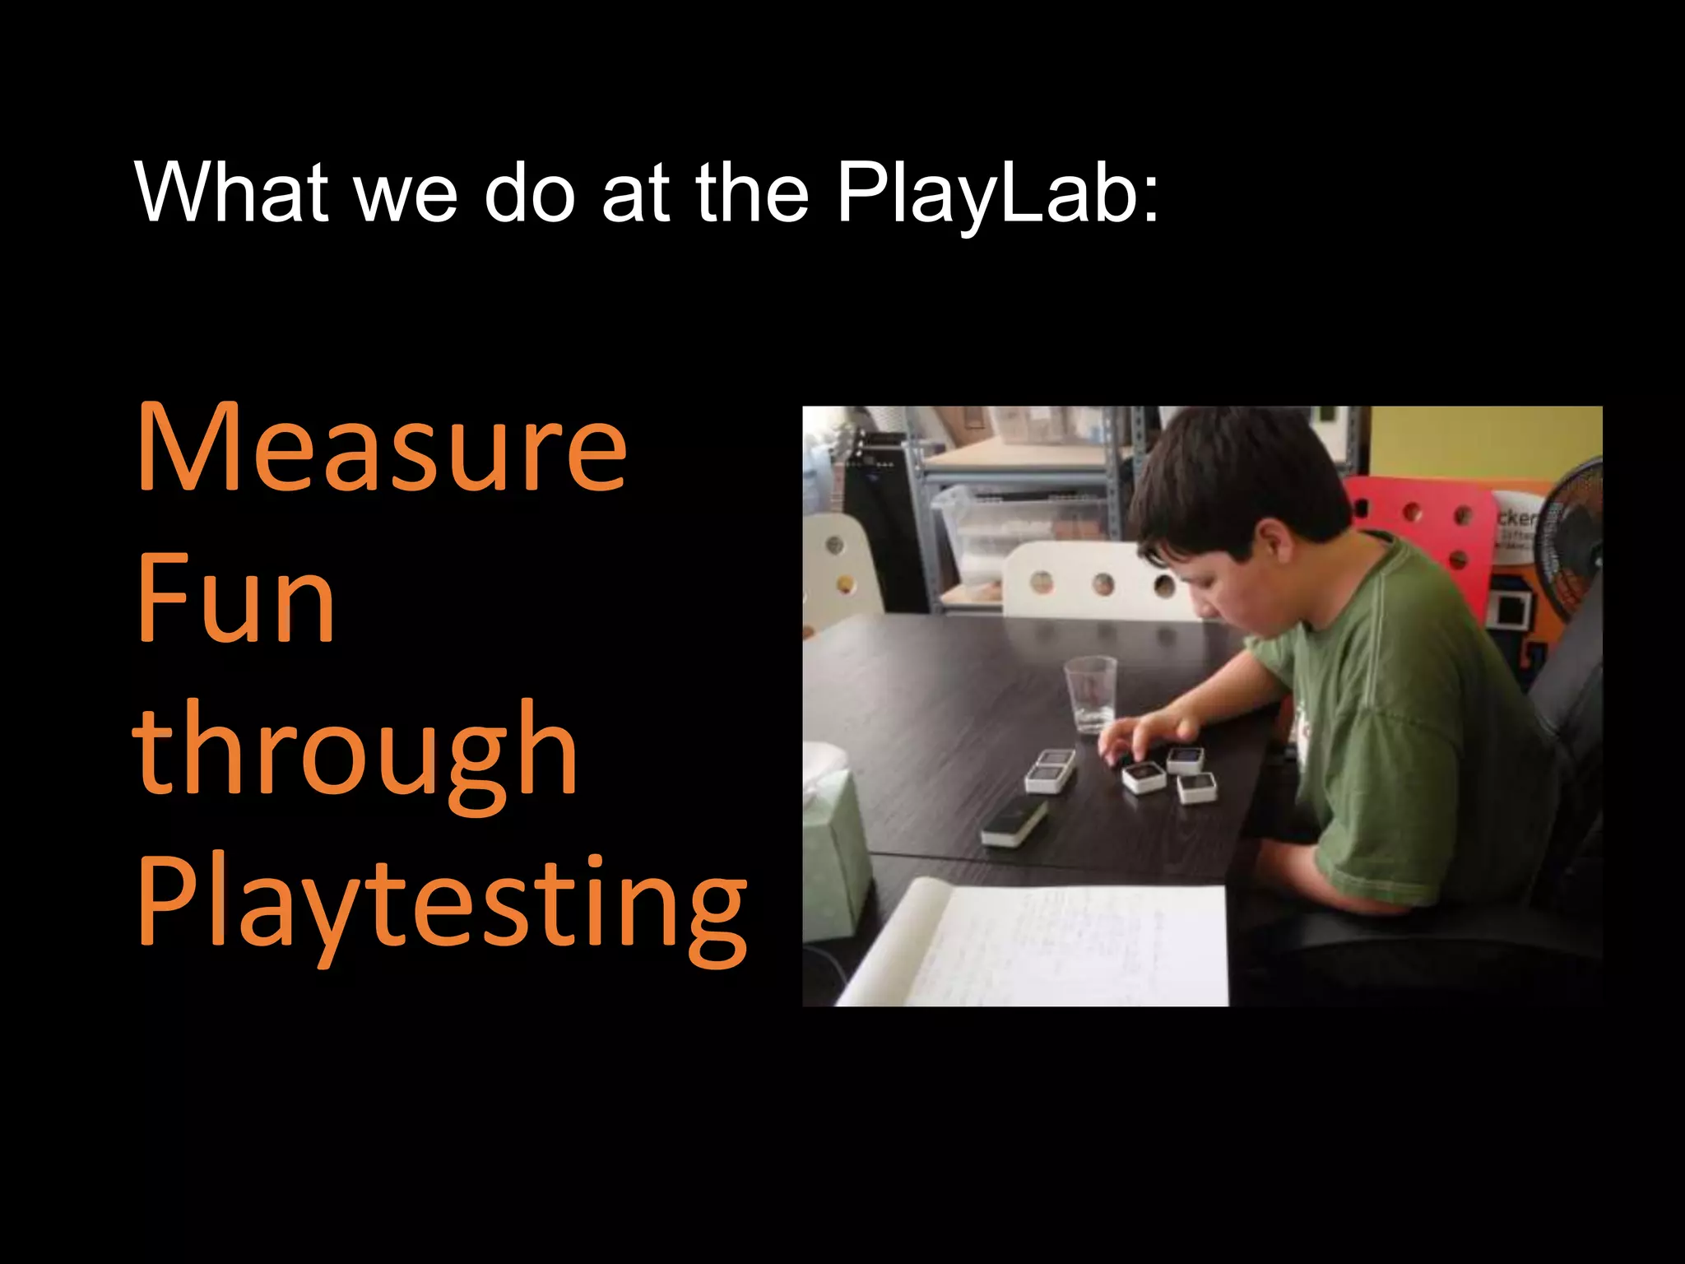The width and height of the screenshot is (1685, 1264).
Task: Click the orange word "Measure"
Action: click(x=382, y=448)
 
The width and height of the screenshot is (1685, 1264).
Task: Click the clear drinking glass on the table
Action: click(x=1090, y=693)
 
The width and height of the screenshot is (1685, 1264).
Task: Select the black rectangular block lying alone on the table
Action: click(x=1014, y=823)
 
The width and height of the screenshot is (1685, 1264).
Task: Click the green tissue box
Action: click(x=835, y=856)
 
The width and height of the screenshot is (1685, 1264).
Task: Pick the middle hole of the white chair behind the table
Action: click(x=1103, y=585)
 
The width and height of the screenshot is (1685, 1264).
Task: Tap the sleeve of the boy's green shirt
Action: click(x=1283, y=658)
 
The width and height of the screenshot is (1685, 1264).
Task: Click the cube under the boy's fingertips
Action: click(x=1143, y=776)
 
